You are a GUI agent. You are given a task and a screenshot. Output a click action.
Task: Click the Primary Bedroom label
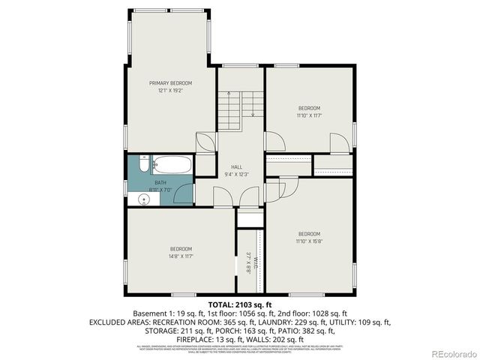[x=170, y=82]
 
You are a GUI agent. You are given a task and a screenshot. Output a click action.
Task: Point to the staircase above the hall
[x=241, y=112]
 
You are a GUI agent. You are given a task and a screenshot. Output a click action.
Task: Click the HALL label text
[x=236, y=166]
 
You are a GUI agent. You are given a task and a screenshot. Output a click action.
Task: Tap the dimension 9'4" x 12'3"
[x=236, y=174]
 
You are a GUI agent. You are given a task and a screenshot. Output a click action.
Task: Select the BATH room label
[x=160, y=182]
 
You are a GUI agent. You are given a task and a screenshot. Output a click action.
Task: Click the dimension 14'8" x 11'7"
[x=180, y=256]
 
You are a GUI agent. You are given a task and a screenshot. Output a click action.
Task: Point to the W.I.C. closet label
[x=255, y=262]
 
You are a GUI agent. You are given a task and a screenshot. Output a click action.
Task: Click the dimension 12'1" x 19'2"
[x=170, y=90]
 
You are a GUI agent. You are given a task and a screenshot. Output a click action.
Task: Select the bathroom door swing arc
[x=204, y=193]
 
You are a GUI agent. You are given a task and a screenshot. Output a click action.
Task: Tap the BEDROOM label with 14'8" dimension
[x=180, y=249]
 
